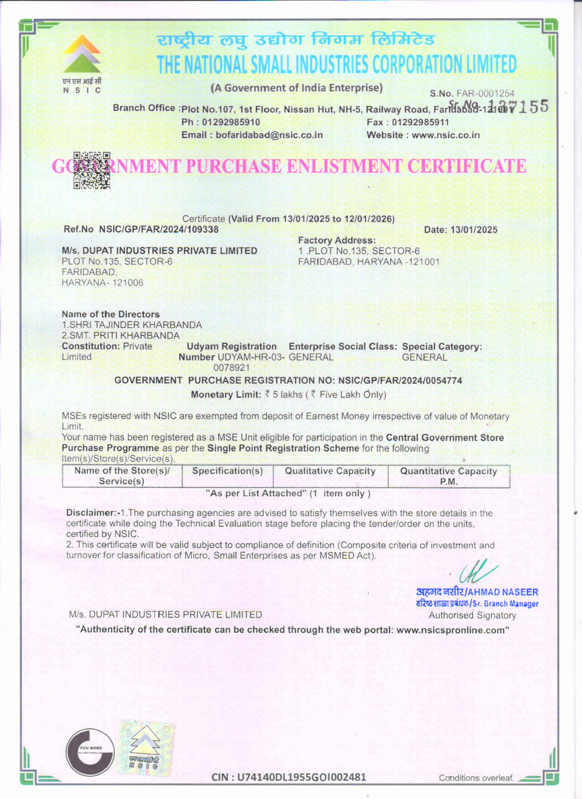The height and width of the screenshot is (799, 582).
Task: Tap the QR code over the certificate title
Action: pos(92,170)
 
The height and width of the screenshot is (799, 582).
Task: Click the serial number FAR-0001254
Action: pos(485,94)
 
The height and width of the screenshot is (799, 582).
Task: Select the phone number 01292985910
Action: pos(231,122)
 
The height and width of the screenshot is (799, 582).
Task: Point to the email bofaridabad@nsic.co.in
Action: pos(269,135)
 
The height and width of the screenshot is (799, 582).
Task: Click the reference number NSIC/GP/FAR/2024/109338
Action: pos(159,229)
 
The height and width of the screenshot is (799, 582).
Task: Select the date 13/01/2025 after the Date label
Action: pos(474,230)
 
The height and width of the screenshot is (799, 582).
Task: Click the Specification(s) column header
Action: pos(227,471)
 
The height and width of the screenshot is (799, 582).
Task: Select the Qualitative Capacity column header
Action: pos(330,471)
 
